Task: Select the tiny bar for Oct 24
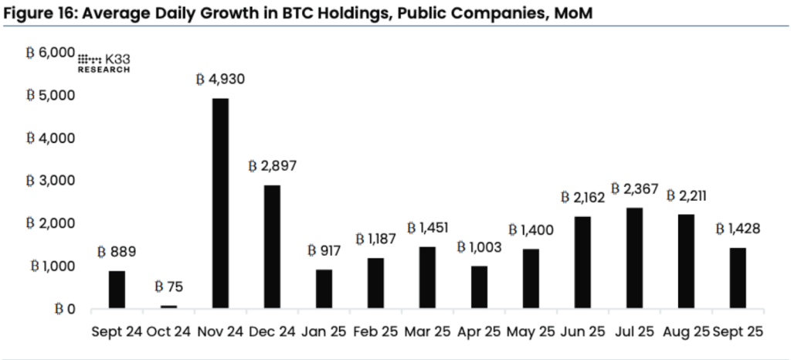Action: [168, 307]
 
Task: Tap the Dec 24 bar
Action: [272, 246]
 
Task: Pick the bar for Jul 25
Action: [634, 258]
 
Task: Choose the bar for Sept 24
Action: [117, 290]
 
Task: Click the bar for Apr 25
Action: [479, 287]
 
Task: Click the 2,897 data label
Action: [272, 166]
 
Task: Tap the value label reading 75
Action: [168, 288]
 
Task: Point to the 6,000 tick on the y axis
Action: [50, 53]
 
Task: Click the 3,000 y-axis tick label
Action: [50, 181]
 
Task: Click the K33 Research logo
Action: [104, 63]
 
